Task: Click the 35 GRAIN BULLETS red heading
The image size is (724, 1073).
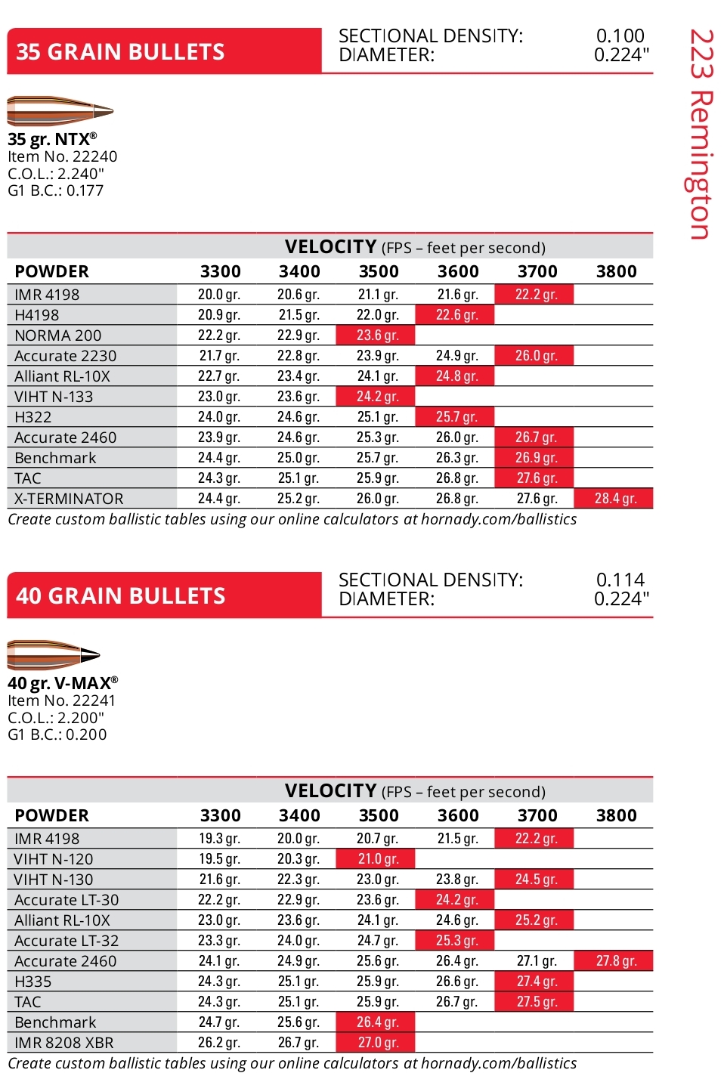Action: click(121, 51)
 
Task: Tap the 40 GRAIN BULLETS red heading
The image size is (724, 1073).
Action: click(121, 595)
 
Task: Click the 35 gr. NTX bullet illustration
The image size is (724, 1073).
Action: click(60, 111)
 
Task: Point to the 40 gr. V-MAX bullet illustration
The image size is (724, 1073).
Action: click(54, 654)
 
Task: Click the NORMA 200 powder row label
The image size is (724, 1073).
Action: click(58, 336)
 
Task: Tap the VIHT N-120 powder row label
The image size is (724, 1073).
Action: click(54, 859)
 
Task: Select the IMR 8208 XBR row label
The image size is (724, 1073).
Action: click(64, 1043)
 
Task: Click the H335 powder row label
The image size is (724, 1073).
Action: click(33, 982)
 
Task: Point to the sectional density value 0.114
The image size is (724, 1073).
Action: click(620, 580)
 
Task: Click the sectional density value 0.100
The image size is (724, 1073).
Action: click(620, 36)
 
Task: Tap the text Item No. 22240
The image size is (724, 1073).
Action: click(63, 156)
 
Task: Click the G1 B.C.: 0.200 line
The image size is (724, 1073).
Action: click(57, 734)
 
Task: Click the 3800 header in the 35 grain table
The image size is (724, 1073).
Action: click(616, 271)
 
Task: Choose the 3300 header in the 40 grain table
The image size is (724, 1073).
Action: click(220, 815)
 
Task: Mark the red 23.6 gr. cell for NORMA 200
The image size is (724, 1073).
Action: click(377, 336)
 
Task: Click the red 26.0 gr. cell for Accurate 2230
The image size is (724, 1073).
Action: click(536, 356)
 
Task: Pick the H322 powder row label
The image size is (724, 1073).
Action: click(33, 417)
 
